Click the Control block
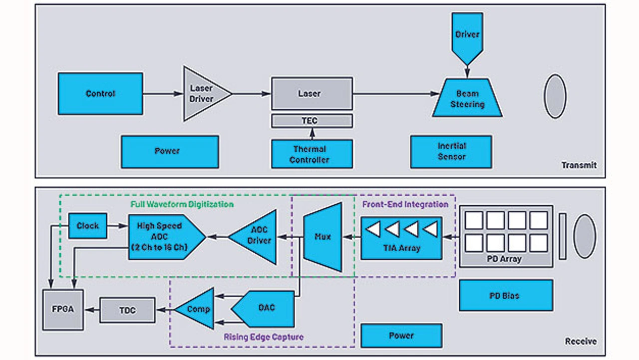point(100,93)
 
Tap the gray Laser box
point(312,93)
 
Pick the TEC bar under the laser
point(312,121)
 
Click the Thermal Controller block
point(312,154)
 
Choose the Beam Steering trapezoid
point(467,99)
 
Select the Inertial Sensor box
point(451,151)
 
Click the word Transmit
point(579,165)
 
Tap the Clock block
point(87,226)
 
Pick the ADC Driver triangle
point(257,237)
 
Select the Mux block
point(323,237)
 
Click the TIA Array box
point(401,238)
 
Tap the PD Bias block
point(506,295)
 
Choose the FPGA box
point(63,309)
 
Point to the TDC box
point(128,310)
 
